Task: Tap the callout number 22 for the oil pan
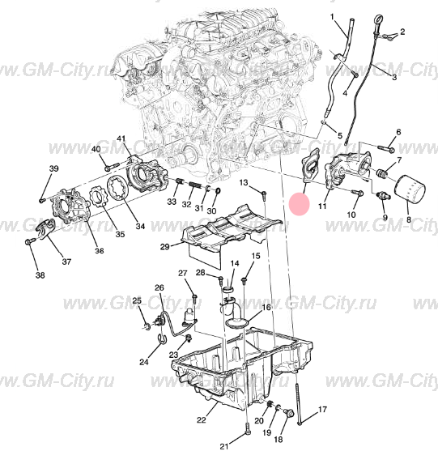point(202,420)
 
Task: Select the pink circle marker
point(300,204)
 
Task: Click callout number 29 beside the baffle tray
point(165,247)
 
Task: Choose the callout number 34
point(140,227)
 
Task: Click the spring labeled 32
point(195,185)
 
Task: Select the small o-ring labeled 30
point(218,190)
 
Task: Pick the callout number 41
point(121,139)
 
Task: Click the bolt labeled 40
point(112,166)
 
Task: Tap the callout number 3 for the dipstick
point(394,77)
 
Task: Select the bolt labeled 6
point(385,149)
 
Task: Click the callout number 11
point(322,206)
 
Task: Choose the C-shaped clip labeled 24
point(163,338)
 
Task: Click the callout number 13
point(244,182)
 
